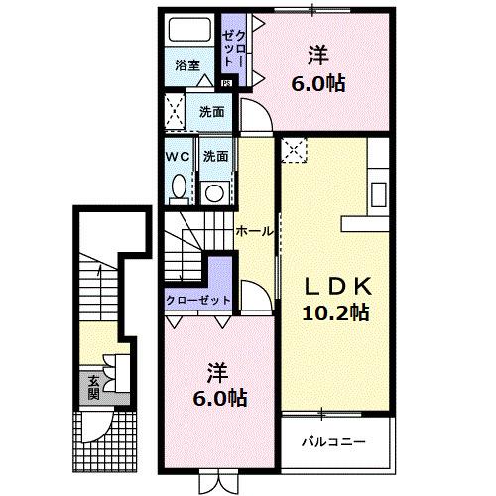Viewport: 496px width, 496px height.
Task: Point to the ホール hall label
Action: (x=254, y=231)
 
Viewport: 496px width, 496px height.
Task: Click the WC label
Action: (x=178, y=156)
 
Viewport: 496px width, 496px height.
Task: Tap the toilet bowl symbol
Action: (x=179, y=186)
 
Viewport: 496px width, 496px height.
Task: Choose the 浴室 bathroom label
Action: (x=187, y=65)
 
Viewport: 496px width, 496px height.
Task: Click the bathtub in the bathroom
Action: (x=188, y=32)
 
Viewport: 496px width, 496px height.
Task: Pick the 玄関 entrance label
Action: (x=93, y=386)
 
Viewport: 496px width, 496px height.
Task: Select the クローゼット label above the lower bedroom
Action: (x=198, y=300)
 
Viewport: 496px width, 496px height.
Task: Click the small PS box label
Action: (x=226, y=83)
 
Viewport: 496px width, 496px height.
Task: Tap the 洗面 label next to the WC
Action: (x=215, y=156)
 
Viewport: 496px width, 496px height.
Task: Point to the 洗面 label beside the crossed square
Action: (x=210, y=112)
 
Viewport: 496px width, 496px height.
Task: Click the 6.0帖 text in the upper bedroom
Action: (x=319, y=84)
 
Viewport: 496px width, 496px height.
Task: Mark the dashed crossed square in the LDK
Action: (x=295, y=150)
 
